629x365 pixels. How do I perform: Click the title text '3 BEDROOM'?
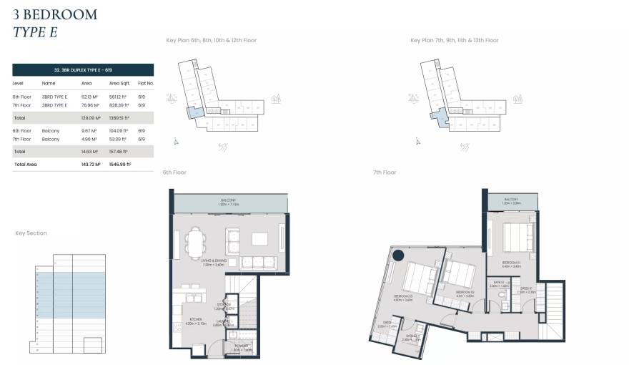tap(54, 14)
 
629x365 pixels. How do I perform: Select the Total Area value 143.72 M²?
tap(91, 164)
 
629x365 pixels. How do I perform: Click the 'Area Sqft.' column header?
tap(119, 83)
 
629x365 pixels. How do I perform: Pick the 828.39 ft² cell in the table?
tap(118, 104)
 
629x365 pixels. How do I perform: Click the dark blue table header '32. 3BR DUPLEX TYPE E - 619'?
tap(83, 69)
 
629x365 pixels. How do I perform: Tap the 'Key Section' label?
tap(31, 233)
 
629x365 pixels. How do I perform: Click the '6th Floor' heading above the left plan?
tap(174, 172)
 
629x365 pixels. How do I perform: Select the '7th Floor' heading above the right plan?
tap(384, 172)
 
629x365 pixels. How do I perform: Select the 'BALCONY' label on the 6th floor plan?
tap(227, 201)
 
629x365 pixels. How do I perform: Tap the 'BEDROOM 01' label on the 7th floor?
tap(510, 263)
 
